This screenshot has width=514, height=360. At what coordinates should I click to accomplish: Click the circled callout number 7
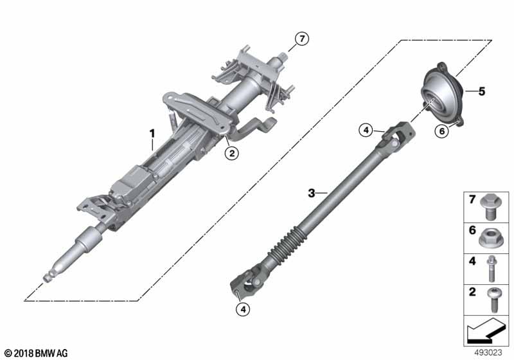click(x=302, y=39)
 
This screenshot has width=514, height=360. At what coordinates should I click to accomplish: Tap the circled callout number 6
click(x=441, y=132)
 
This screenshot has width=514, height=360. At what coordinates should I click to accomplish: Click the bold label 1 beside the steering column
click(x=152, y=134)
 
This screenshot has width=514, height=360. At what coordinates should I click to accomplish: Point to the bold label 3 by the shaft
click(x=312, y=192)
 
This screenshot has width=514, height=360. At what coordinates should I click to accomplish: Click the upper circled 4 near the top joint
click(x=365, y=131)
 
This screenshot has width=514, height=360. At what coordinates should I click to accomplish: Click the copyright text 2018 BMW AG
click(x=36, y=352)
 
